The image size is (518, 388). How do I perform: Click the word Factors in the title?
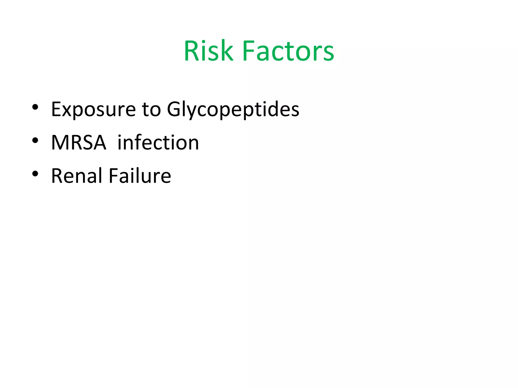[x=288, y=51]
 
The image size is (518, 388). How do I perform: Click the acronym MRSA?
[x=79, y=143]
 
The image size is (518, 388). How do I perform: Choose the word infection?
[x=158, y=143]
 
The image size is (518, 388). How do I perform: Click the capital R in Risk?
[x=192, y=51]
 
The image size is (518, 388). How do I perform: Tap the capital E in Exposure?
[x=56, y=109]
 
